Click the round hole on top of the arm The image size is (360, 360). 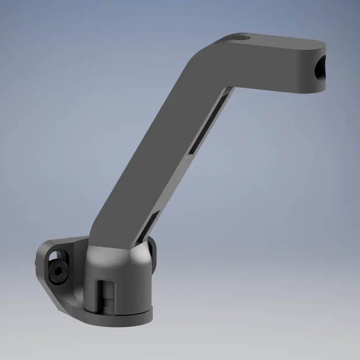click(240, 39)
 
